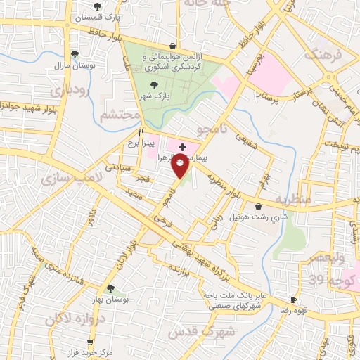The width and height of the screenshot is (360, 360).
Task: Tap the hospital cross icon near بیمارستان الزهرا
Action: click(x=183, y=147)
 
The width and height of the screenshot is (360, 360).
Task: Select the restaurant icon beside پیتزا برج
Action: click(x=141, y=131)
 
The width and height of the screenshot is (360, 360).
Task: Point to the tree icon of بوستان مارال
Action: click(x=75, y=54)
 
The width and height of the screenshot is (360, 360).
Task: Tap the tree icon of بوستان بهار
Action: click(x=110, y=288)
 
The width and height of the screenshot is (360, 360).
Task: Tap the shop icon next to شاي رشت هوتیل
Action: click(x=259, y=207)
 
